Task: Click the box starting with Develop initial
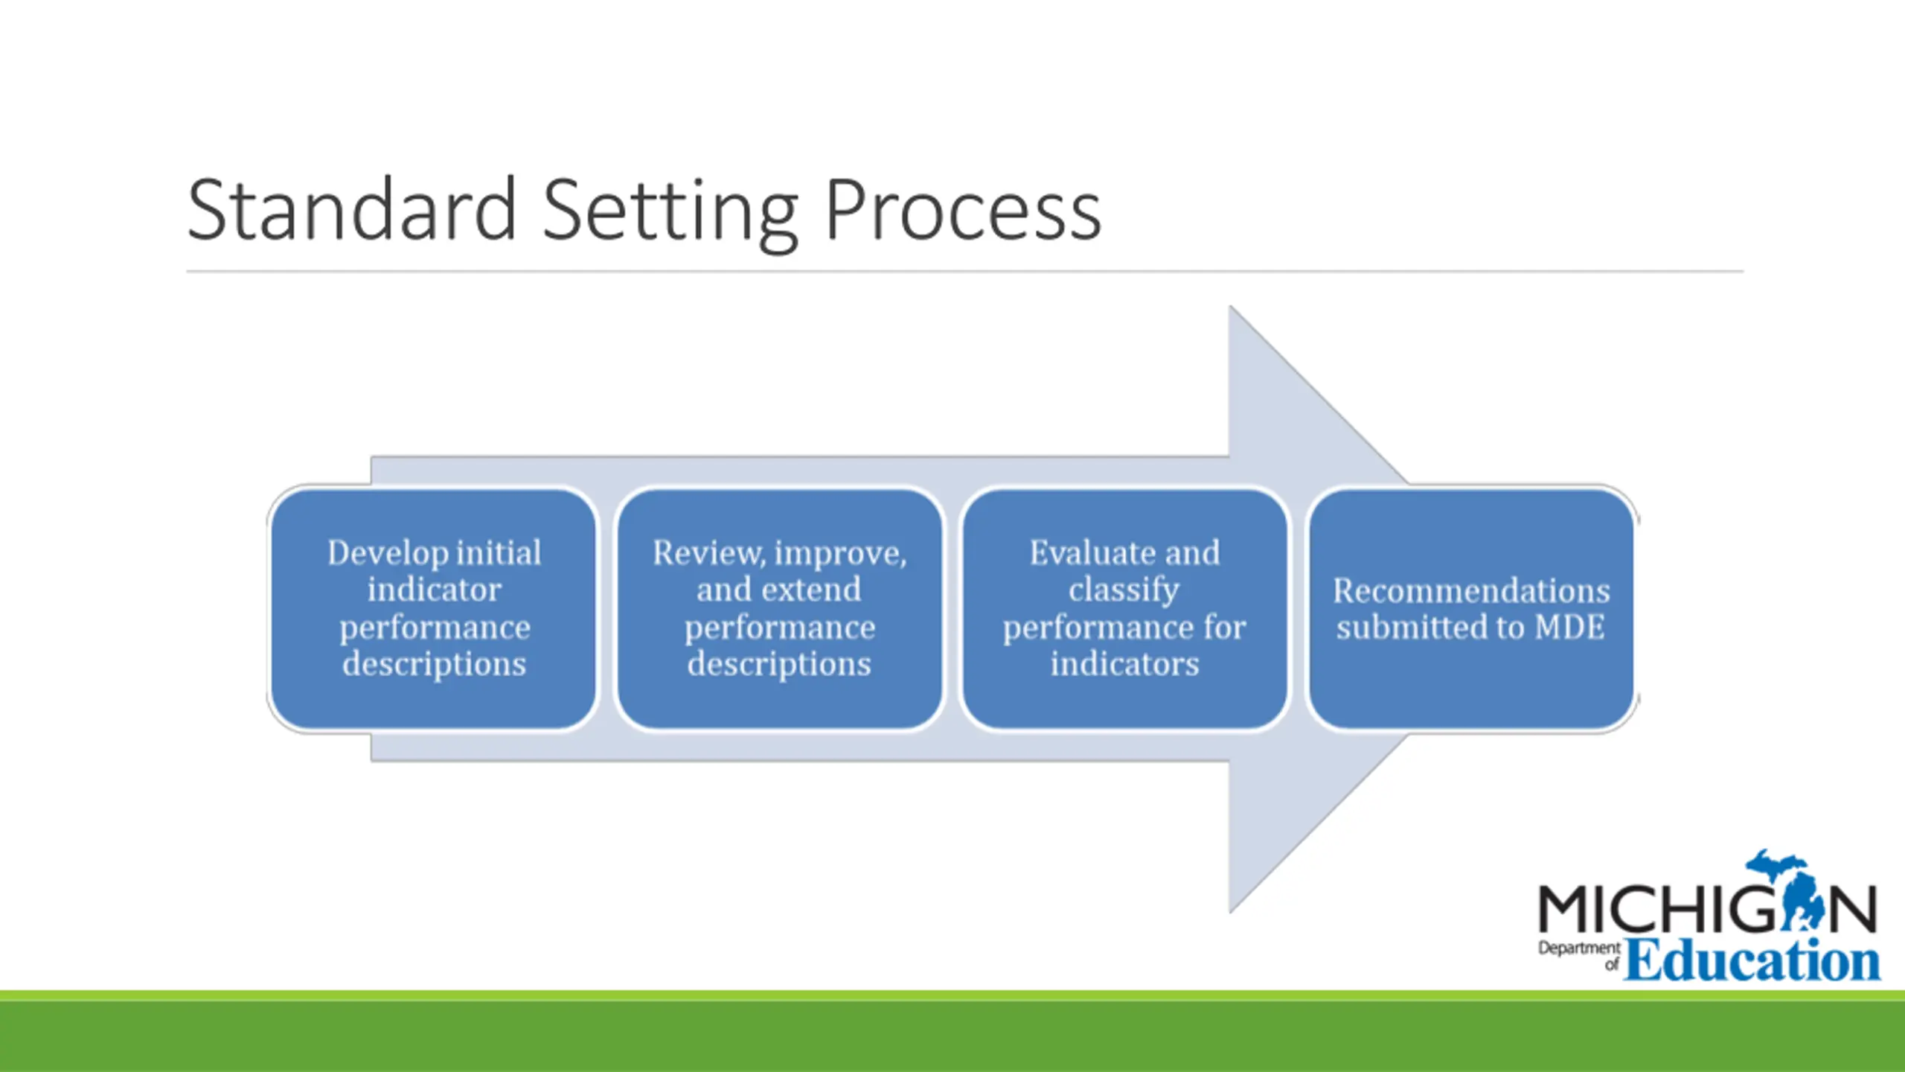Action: pyautogui.click(x=433, y=608)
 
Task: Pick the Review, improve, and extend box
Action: pyautogui.click(x=779, y=608)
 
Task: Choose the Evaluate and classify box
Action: pyautogui.click(x=1124, y=608)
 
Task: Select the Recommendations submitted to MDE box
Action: pyautogui.click(x=1471, y=608)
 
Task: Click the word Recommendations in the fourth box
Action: pyautogui.click(x=1471, y=590)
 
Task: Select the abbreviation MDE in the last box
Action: pyautogui.click(x=1569, y=627)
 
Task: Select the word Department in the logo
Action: pyautogui.click(x=1579, y=949)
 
